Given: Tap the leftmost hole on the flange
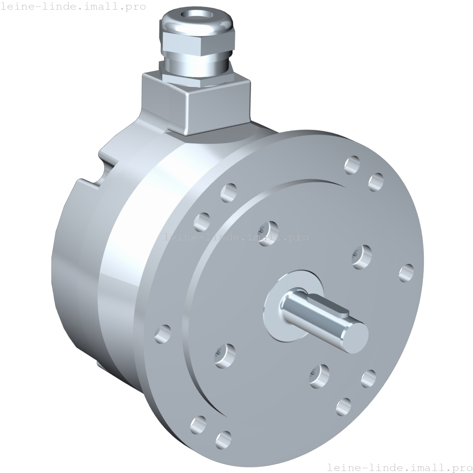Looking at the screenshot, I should pos(163,334).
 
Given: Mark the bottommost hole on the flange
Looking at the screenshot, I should pos(223,440).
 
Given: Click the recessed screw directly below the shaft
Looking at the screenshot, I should pos(319,376).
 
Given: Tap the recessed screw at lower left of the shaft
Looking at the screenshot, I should pos(225,354).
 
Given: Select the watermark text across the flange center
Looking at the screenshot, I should pos(236,237).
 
